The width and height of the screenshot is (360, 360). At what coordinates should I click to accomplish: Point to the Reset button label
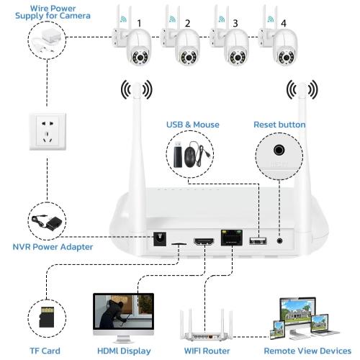coord(279,125)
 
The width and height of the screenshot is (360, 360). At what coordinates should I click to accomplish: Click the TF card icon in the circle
coord(47,316)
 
